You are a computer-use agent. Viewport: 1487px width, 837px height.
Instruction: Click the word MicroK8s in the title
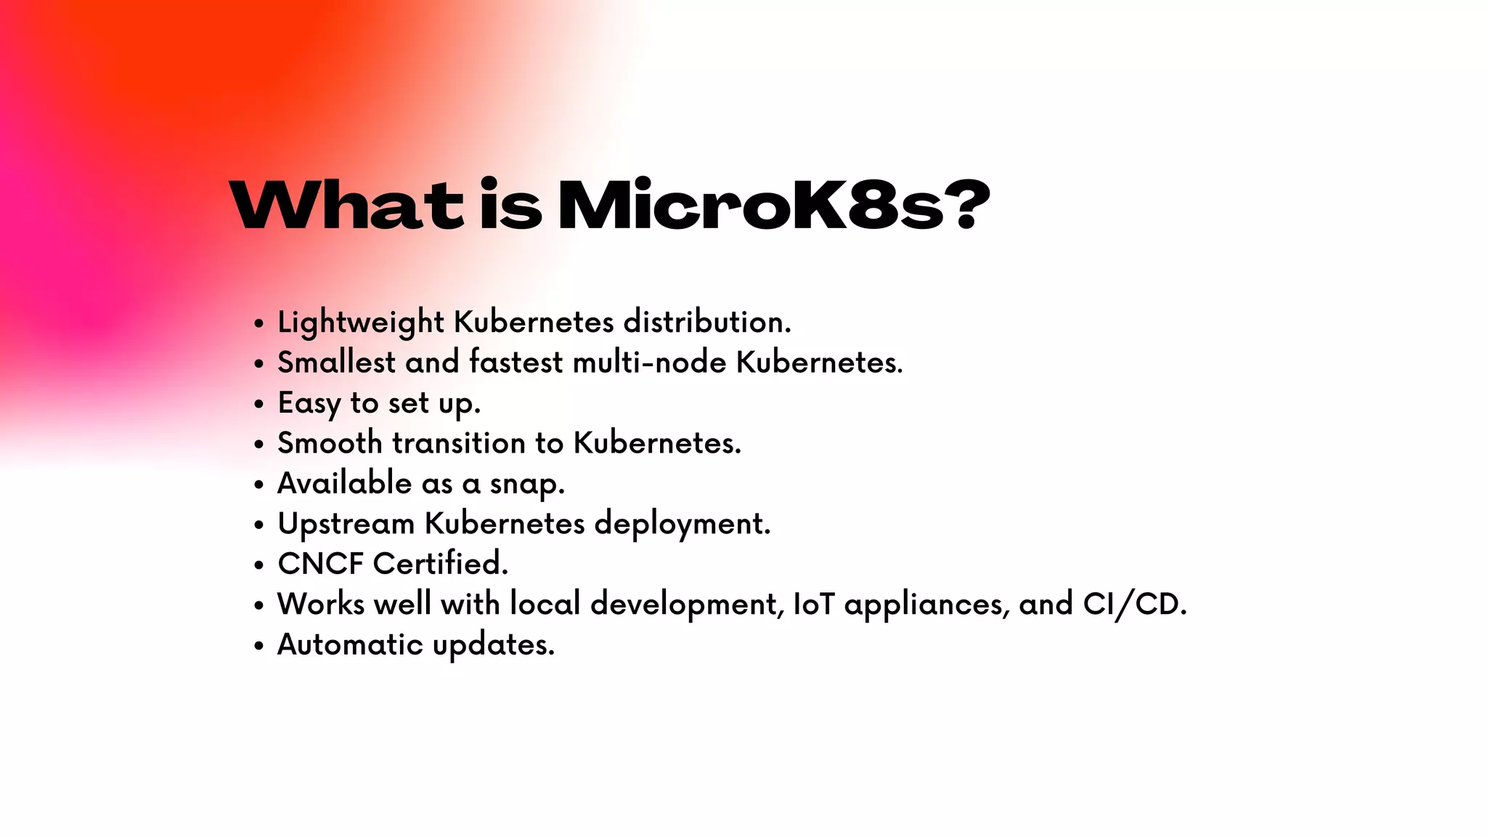[x=751, y=206]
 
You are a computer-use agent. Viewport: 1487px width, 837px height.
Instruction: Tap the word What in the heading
[x=346, y=206]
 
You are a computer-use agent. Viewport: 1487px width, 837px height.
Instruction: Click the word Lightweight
[x=360, y=323]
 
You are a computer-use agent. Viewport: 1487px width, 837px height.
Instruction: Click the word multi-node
[x=649, y=362]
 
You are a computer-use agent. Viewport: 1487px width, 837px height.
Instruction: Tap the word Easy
[x=309, y=403]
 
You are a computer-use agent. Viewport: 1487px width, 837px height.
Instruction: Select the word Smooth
[x=330, y=442]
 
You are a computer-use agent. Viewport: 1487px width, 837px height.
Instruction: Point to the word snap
[x=526, y=484]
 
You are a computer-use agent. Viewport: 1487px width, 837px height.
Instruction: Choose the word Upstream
[x=346, y=524]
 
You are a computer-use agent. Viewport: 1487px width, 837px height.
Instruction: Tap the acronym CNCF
[x=320, y=564]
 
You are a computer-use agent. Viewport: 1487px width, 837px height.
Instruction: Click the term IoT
[x=813, y=604]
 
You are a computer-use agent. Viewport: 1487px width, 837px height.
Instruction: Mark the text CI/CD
[x=1134, y=604]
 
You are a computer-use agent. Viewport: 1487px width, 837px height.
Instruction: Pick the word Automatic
[x=350, y=644]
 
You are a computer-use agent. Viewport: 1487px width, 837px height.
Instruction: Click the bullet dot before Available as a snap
[x=259, y=485]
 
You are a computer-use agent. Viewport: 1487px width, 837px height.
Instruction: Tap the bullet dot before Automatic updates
[x=259, y=646]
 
